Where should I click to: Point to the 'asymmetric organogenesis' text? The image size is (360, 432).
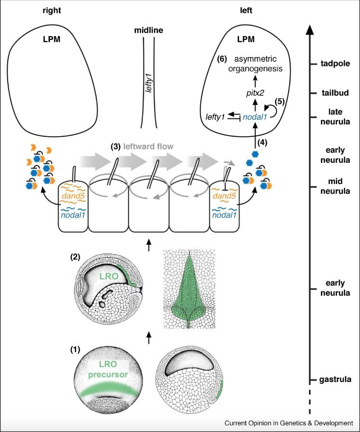(x=255, y=64)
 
